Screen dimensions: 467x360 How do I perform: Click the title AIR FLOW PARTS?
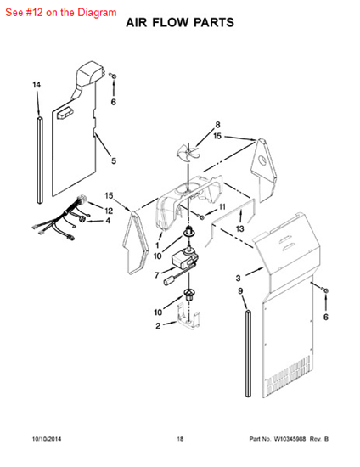[180, 25]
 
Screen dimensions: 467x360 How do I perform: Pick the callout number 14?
[37, 86]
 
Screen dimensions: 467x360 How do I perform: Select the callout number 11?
[222, 207]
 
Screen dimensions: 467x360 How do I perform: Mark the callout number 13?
[240, 229]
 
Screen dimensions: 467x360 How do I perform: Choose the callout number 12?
[109, 211]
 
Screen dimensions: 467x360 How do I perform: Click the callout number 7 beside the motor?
[157, 275]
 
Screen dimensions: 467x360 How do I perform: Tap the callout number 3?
[239, 277]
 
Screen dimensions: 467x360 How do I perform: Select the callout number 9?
[240, 293]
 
